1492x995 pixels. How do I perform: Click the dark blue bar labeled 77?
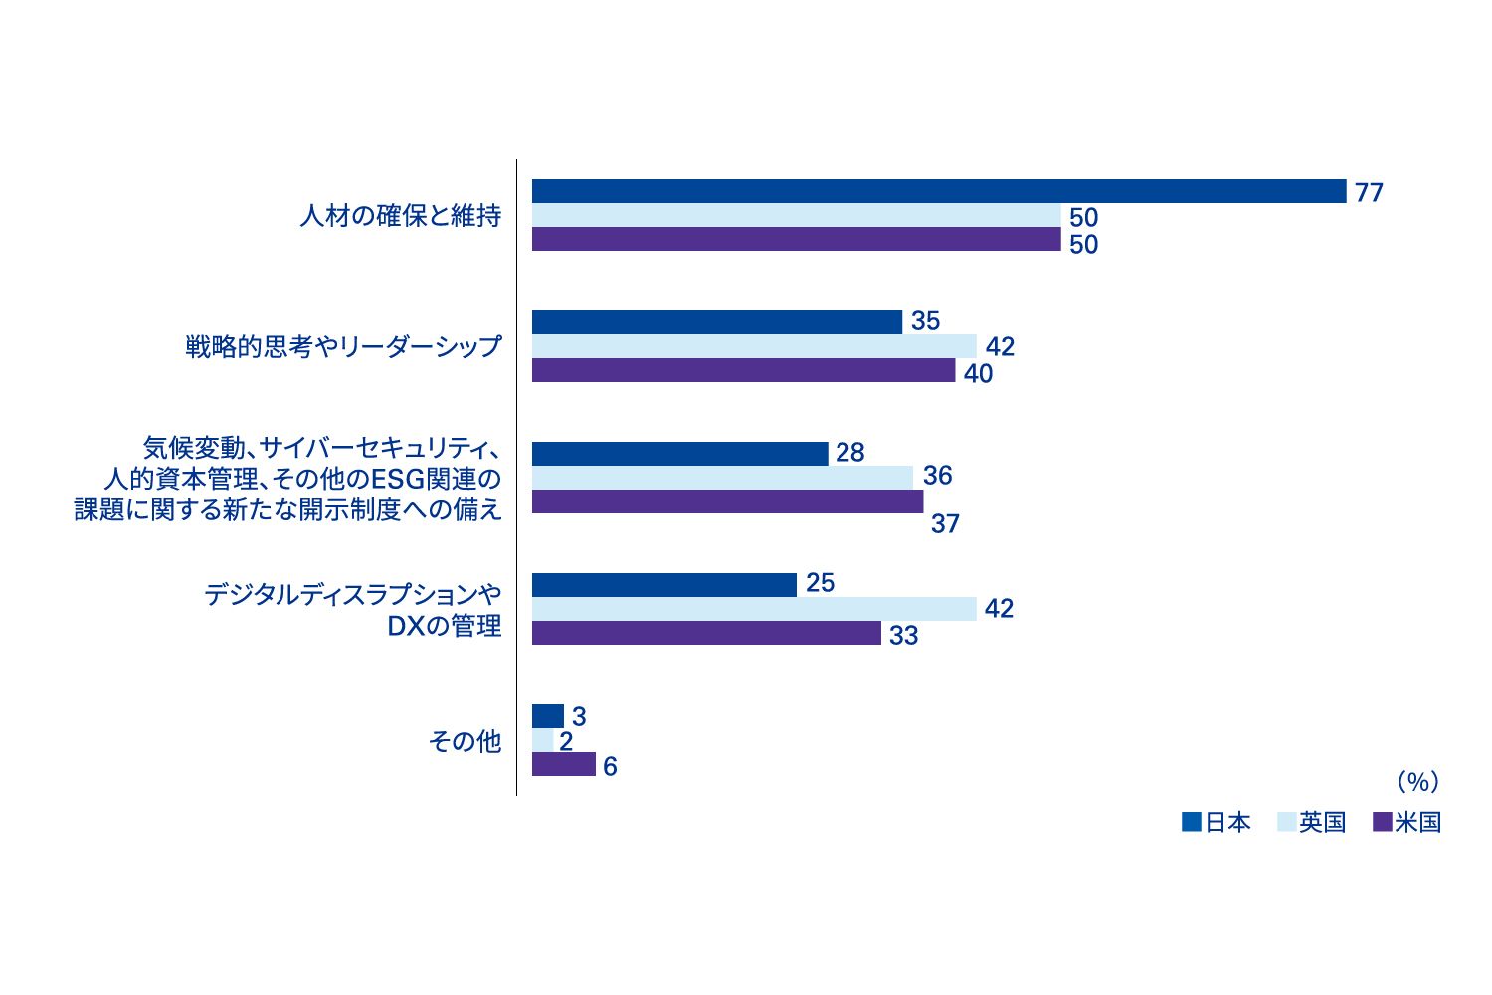click(x=939, y=191)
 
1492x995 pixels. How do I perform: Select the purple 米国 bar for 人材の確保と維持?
click(x=796, y=240)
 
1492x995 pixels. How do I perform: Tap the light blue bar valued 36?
click(x=722, y=478)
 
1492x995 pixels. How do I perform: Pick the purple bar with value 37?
click(x=727, y=501)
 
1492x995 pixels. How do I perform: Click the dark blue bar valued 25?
click(x=664, y=585)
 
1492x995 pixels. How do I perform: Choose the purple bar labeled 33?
click(x=706, y=633)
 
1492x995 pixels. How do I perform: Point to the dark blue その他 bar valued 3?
click(x=548, y=716)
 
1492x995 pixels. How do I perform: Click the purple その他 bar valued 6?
click(x=564, y=764)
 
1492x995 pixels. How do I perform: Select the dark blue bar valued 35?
click(x=717, y=322)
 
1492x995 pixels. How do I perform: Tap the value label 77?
click(x=1369, y=193)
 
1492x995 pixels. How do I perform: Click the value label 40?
click(x=978, y=374)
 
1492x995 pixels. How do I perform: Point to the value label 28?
click(x=850, y=453)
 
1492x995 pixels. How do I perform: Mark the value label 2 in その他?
click(x=566, y=742)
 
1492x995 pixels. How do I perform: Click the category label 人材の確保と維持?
click(x=401, y=216)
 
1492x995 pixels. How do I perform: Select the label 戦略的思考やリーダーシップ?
click(x=343, y=347)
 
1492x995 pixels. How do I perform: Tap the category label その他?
click(x=465, y=741)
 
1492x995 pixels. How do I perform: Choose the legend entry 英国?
click(x=1311, y=823)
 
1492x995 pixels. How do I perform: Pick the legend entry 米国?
click(x=1406, y=823)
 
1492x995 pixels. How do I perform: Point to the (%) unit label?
click(x=1418, y=783)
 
